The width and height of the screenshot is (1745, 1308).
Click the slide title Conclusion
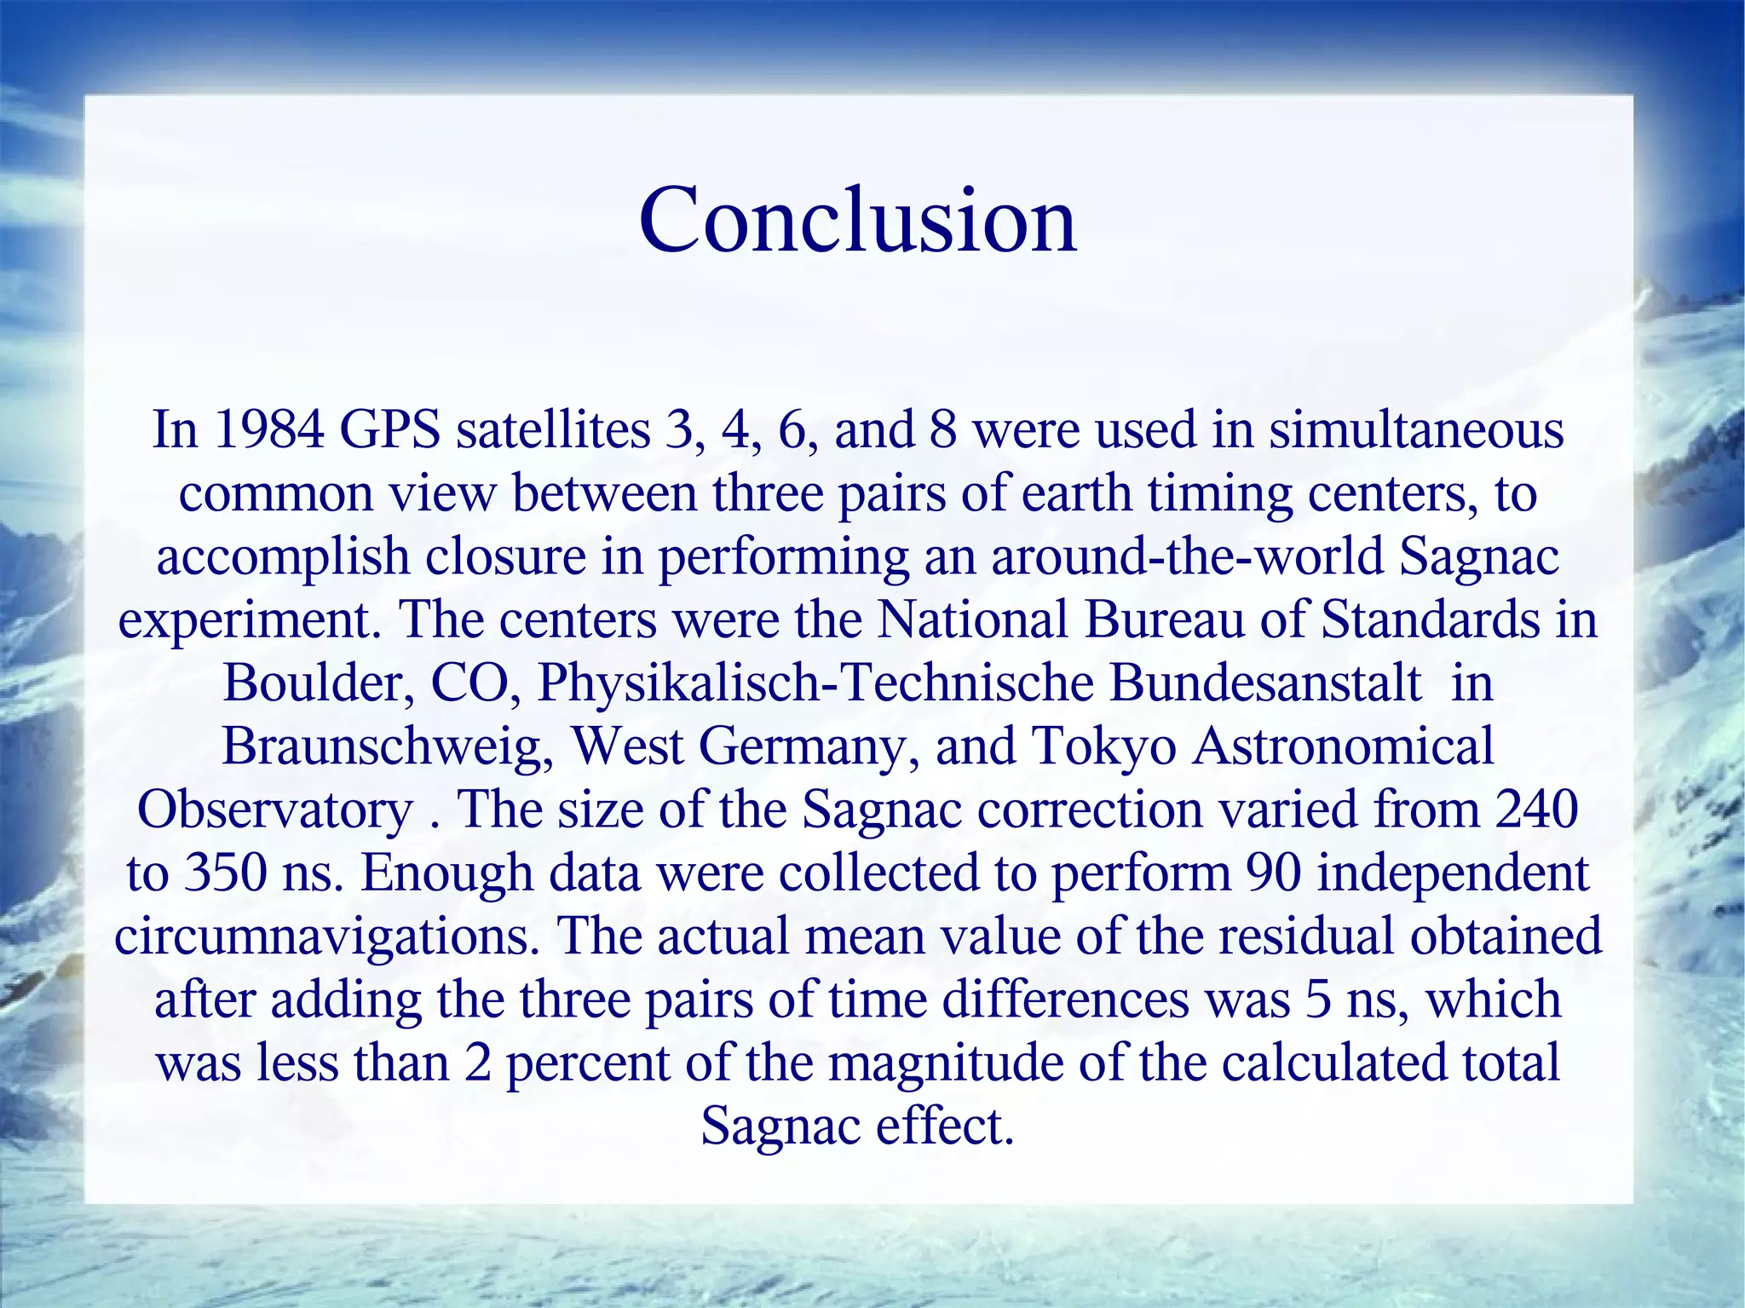858,219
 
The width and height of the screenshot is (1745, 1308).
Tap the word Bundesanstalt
1264,683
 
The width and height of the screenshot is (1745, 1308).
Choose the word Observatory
274,810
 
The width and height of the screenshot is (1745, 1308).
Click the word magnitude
945,1063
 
